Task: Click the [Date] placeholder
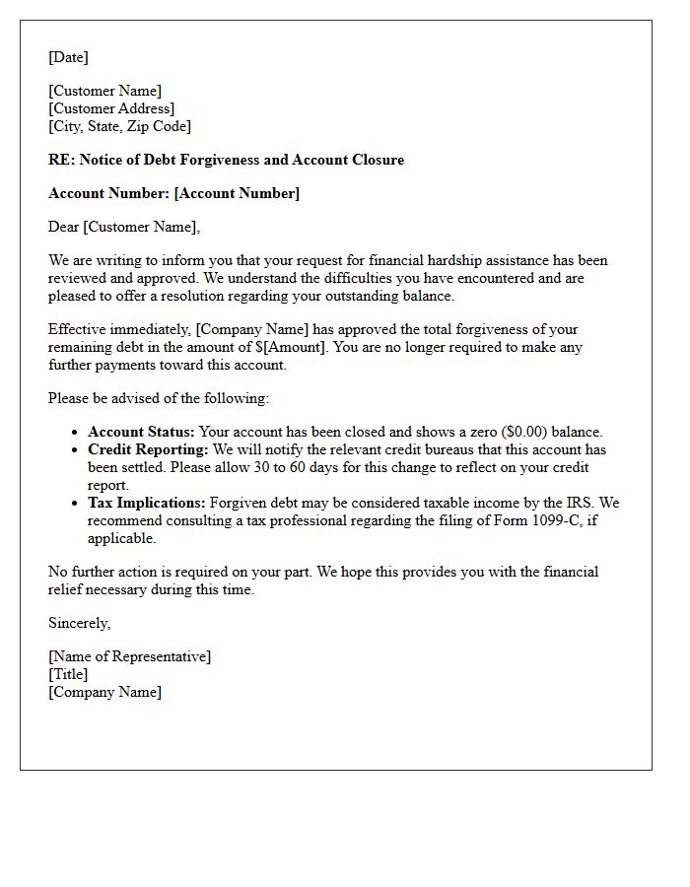click(x=68, y=57)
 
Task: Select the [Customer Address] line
click(x=111, y=108)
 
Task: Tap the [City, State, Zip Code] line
click(x=119, y=126)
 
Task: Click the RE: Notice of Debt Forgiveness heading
click(x=226, y=160)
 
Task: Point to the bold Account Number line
click(x=173, y=193)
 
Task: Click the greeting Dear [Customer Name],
click(x=123, y=227)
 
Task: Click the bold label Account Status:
click(x=139, y=432)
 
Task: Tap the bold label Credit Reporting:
click(x=147, y=449)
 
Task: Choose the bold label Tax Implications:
click(x=147, y=503)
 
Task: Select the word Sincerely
click(x=78, y=623)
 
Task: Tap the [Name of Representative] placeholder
click(x=129, y=656)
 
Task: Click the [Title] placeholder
click(x=68, y=674)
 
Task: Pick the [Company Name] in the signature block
click(x=104, y=692)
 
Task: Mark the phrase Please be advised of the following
click(x=158, y=398)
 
